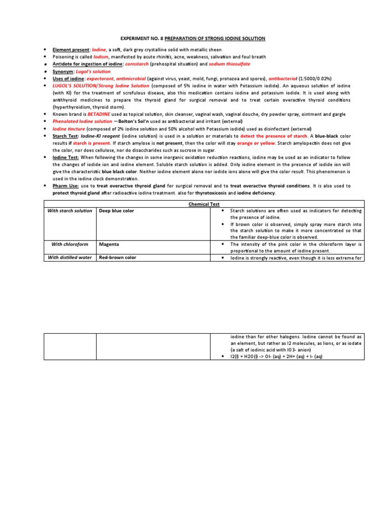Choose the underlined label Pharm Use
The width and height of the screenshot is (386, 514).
pos(65,186)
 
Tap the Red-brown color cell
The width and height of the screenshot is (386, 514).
pos(118,258)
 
